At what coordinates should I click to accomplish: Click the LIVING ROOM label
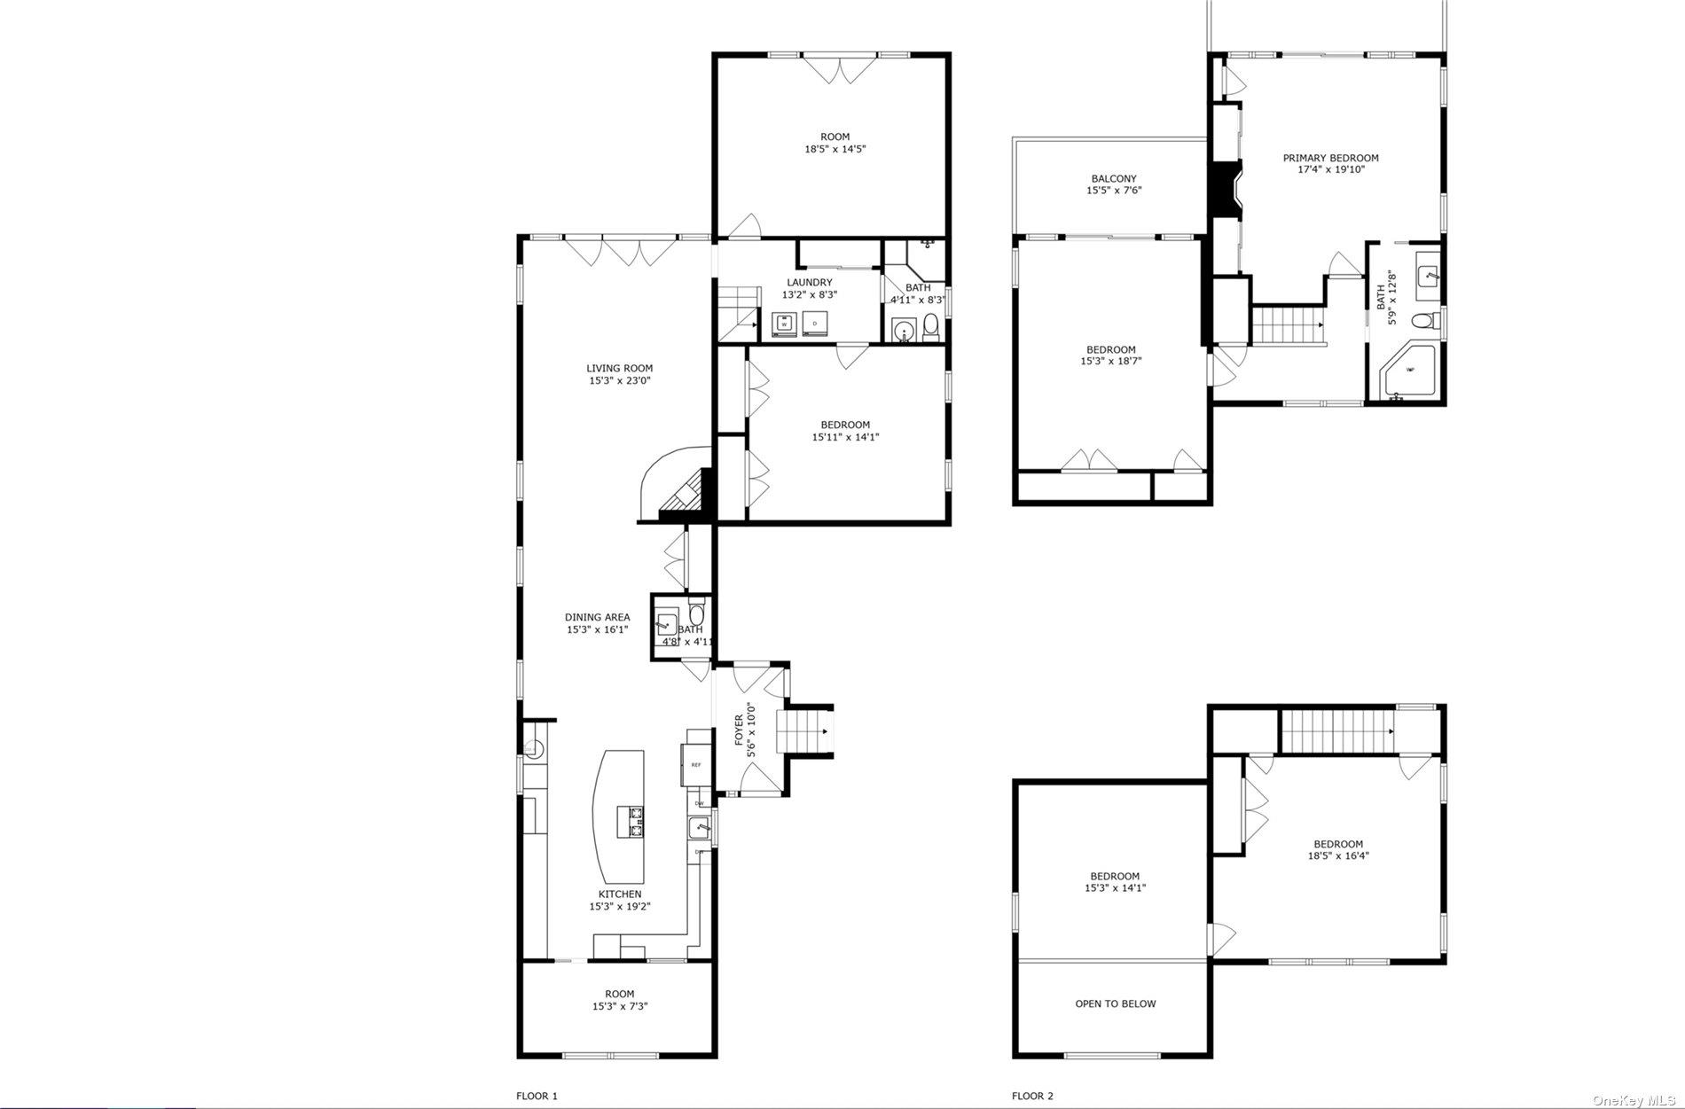tap(619, 369)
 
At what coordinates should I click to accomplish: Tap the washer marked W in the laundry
tap(785, 324)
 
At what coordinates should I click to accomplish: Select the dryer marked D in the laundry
tap(814, 324)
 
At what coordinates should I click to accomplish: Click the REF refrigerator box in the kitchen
tap(695, 764)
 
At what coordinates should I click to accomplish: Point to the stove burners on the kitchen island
tap(636, 822)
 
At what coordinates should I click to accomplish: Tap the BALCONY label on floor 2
tap(1113, 179)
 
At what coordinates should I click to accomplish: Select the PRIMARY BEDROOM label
tap(1330, 159)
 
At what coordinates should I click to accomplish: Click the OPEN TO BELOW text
tap(1115, 1004)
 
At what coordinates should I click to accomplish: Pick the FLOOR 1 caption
tap(537, 1096)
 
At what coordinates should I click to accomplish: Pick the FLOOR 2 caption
tap(1032, 1096)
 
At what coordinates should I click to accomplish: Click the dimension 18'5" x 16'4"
tap(1338, 856)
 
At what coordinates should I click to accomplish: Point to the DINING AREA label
tap(597, 617)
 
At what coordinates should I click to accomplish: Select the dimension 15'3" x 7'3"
tap(619, 1006)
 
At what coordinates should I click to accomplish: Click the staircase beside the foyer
tap(803, 732)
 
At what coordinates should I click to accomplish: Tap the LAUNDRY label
tap(809, 283)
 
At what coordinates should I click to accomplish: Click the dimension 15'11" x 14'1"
tap(845, 437)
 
